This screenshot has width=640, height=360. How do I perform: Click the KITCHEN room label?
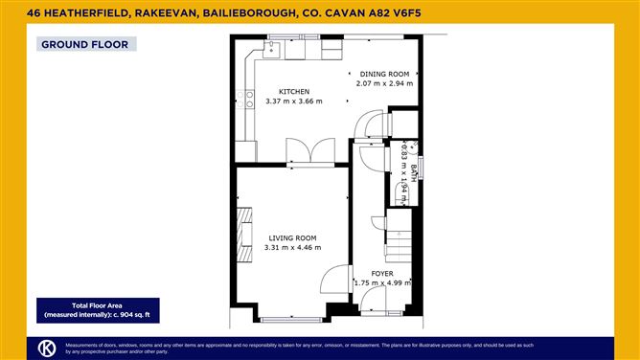pyautogui.click(x=293, y=91)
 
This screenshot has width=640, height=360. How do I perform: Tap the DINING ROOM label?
pyautogui.click(x=384, y=74)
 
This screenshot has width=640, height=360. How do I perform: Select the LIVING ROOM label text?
pyautogui.click(x=292, y=237)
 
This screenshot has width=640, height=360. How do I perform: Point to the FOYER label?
pyautogui.click(x=382, y=273)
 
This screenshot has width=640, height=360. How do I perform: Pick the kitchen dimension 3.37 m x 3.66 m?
pyautogui.click(x=293, y=101)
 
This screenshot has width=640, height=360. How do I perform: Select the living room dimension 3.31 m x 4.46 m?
pyautogui.click(x=292, y=247)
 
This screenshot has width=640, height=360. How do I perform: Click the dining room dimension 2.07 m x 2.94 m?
pyautogui.click(x=384, y=83)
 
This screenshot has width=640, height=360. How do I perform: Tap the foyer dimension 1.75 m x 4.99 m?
pyautogui.click(x=382, y=282)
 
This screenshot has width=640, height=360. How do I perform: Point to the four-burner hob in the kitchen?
pyautogui.click(x=250, y=97)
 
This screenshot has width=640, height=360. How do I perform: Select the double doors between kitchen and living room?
pyautogui.click(x=309, y=151)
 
